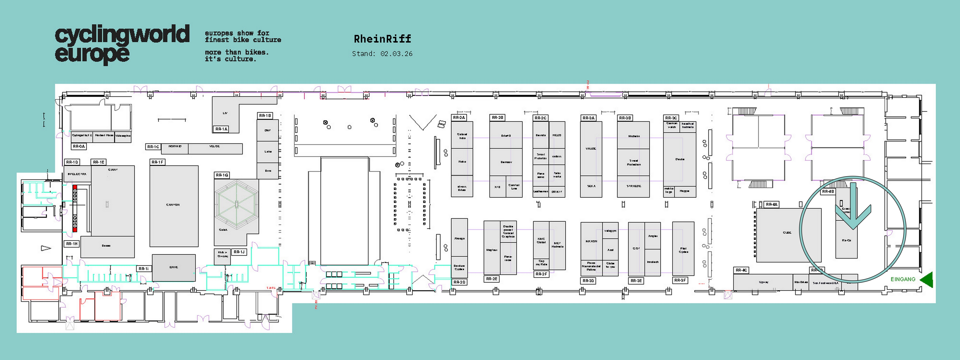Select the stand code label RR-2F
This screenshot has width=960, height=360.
541,274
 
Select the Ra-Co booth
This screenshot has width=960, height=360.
846,240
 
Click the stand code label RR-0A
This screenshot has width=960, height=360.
79,147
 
